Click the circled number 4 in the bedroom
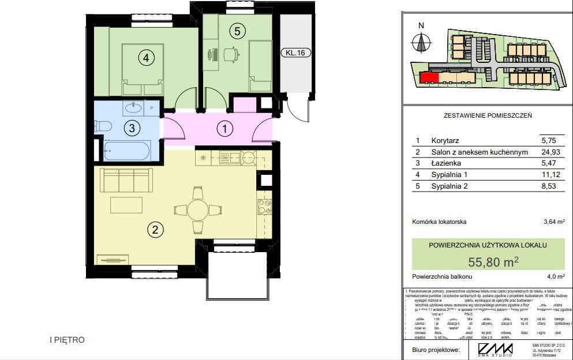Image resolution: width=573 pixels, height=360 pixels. pyautogui.click(x=146, y=58)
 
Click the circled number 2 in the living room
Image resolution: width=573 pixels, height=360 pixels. pyautogui.click(x=154, y=230)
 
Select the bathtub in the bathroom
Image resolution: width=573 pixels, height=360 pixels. pyautogui.click(x=126, y=151)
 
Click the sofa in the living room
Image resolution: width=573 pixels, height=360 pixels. pyautogui.click(x=126, y=180)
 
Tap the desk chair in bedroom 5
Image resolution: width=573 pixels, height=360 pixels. pyautogui.click(x=230, y=55)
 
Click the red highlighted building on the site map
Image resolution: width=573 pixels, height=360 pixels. pyautogui.click(x=429, y=77)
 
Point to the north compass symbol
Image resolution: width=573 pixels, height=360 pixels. pyautogui.click(x=421, y=42)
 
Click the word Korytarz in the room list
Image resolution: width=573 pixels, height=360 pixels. pyautogui.click(x=447, y=140)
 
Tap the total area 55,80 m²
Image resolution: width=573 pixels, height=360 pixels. pyautogui.click(x=493, y=262)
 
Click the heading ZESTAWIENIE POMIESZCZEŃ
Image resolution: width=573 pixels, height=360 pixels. pyautogui.click(x=488, y=115)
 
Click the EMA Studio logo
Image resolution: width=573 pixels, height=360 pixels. pyautogui.click(x=495, y=350)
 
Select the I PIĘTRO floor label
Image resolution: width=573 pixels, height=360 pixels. pyautogui.click(x=67, y=340)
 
